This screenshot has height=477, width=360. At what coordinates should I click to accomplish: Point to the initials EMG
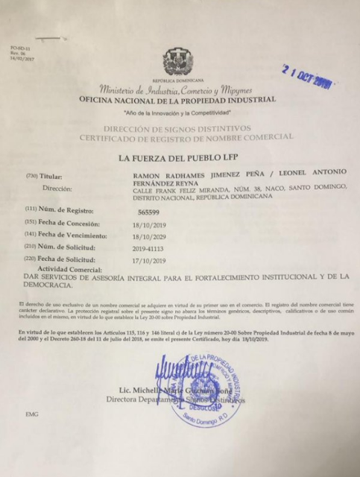pos(32,434)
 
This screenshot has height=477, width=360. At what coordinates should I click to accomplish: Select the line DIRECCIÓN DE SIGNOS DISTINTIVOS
pos(177,129)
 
